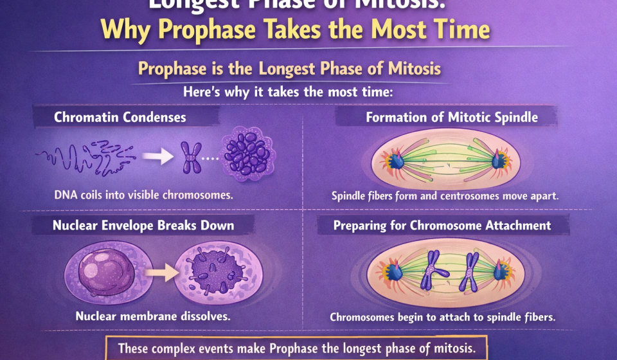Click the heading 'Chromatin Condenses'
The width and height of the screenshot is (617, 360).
120,117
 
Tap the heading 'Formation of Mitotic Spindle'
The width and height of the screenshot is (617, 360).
452,117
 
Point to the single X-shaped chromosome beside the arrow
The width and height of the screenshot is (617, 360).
190,156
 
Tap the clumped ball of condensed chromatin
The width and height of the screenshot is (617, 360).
247,155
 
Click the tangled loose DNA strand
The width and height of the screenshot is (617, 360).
84,155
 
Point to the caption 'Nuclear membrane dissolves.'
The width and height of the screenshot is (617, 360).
152,316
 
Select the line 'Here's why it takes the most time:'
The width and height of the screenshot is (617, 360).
287,92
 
